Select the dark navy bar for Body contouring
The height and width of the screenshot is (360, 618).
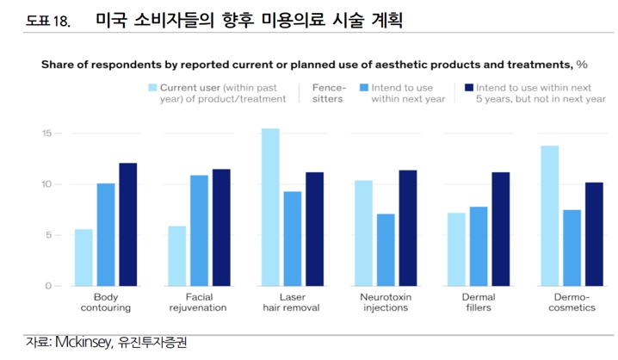(127, 224)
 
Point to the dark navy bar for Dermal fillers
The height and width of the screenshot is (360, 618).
(500, 228)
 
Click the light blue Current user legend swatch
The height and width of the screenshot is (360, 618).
(153, 88)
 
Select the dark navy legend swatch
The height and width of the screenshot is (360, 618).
(469, 88)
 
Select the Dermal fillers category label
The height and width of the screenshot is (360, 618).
(479, 301)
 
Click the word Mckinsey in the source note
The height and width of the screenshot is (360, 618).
(82, 343)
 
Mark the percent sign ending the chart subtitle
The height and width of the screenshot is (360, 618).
(582, 64)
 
